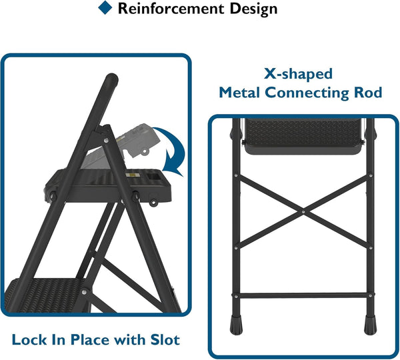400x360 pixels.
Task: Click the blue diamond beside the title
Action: pos(105,8)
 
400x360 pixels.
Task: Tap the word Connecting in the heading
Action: pos(312,93)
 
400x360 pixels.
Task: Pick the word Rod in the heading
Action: pos(369,93)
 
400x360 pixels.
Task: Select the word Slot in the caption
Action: pos(164,340)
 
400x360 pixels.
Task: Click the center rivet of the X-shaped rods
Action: pos(303,213)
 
